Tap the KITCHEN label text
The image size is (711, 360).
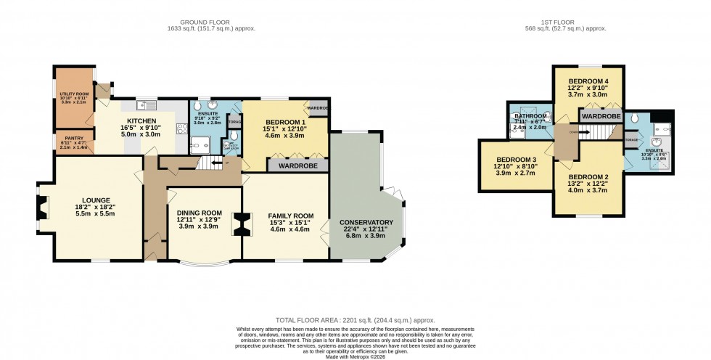[x=142, y=120]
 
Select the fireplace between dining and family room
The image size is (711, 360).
[x=242, y=224]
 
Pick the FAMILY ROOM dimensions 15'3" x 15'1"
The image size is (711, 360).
[x=290, y=223]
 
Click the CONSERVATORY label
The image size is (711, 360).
[x=366, y=222]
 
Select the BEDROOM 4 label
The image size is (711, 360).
[x=588, y=81]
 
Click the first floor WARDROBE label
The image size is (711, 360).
[x=600, y=115]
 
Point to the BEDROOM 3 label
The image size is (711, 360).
[x=516, y=160]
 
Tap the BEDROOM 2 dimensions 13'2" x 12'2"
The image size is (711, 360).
[x=588, y=185]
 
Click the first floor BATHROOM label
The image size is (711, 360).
[x=530, y=116]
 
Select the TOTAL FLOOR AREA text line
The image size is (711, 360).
[x=355, y=320]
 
